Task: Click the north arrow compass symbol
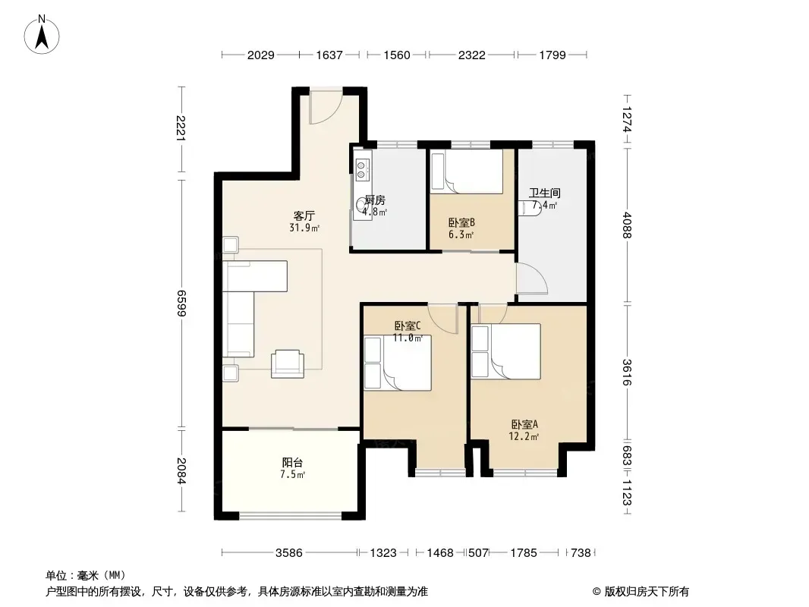(42, 35)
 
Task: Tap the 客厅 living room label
(304, 215)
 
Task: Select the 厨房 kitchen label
(375, 200)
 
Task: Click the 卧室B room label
(461, 223)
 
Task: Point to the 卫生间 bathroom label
(545, 193)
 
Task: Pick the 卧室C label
(408, 326)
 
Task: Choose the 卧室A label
(524, 424)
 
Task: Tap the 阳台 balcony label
(292, 463)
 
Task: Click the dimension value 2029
(260, 55)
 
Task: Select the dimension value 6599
(181, 303)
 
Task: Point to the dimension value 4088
(627, 225)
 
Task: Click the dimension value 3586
(289, 553)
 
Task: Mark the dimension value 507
(478, 553)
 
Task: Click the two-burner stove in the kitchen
(362, 167)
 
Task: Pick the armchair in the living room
(288, 363)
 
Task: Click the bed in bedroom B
(467, 171)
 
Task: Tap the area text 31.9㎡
(304, 228)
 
